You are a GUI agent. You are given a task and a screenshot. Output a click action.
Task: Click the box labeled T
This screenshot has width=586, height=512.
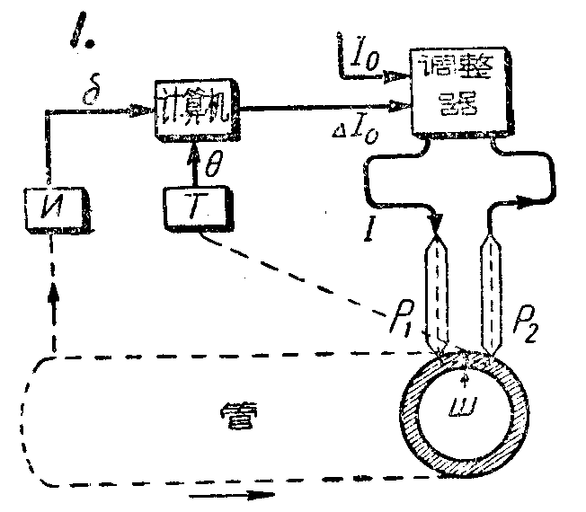tap(194, 208)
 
